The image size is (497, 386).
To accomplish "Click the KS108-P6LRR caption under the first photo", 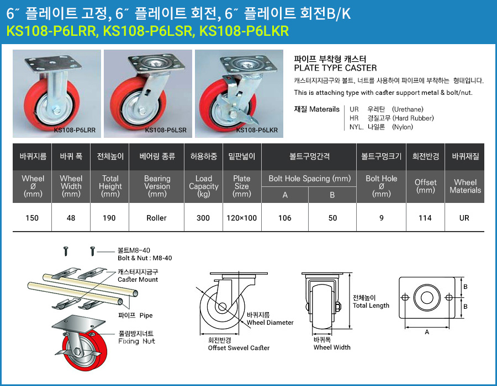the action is pos(75,130).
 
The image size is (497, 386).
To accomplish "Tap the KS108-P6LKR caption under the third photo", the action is pos(257,130).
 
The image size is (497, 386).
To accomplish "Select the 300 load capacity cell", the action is pos(203,218).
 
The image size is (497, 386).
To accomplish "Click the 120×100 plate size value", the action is pos(241,218).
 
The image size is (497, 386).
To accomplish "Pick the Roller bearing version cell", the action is pos(157,218).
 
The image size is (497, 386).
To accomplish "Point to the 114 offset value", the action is pos(425,218).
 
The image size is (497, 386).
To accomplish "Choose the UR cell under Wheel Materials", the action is pos(464,218).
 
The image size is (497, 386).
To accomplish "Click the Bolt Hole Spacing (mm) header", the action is pos(310,179).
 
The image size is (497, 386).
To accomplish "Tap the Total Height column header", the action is pos(110,186).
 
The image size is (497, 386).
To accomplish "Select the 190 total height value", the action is pos(109,218).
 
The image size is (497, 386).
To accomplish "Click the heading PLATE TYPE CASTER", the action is pos(335,68).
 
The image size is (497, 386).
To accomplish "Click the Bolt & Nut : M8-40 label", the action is pos(145,258).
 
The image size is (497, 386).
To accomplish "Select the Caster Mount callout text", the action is pos(138,280).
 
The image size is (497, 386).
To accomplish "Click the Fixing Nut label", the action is pos(136,341).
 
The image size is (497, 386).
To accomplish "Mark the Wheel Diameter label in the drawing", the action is pos(270,323).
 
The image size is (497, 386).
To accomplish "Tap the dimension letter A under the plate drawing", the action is pos(427,332).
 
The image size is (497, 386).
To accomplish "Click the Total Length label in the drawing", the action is pos(371,305).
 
